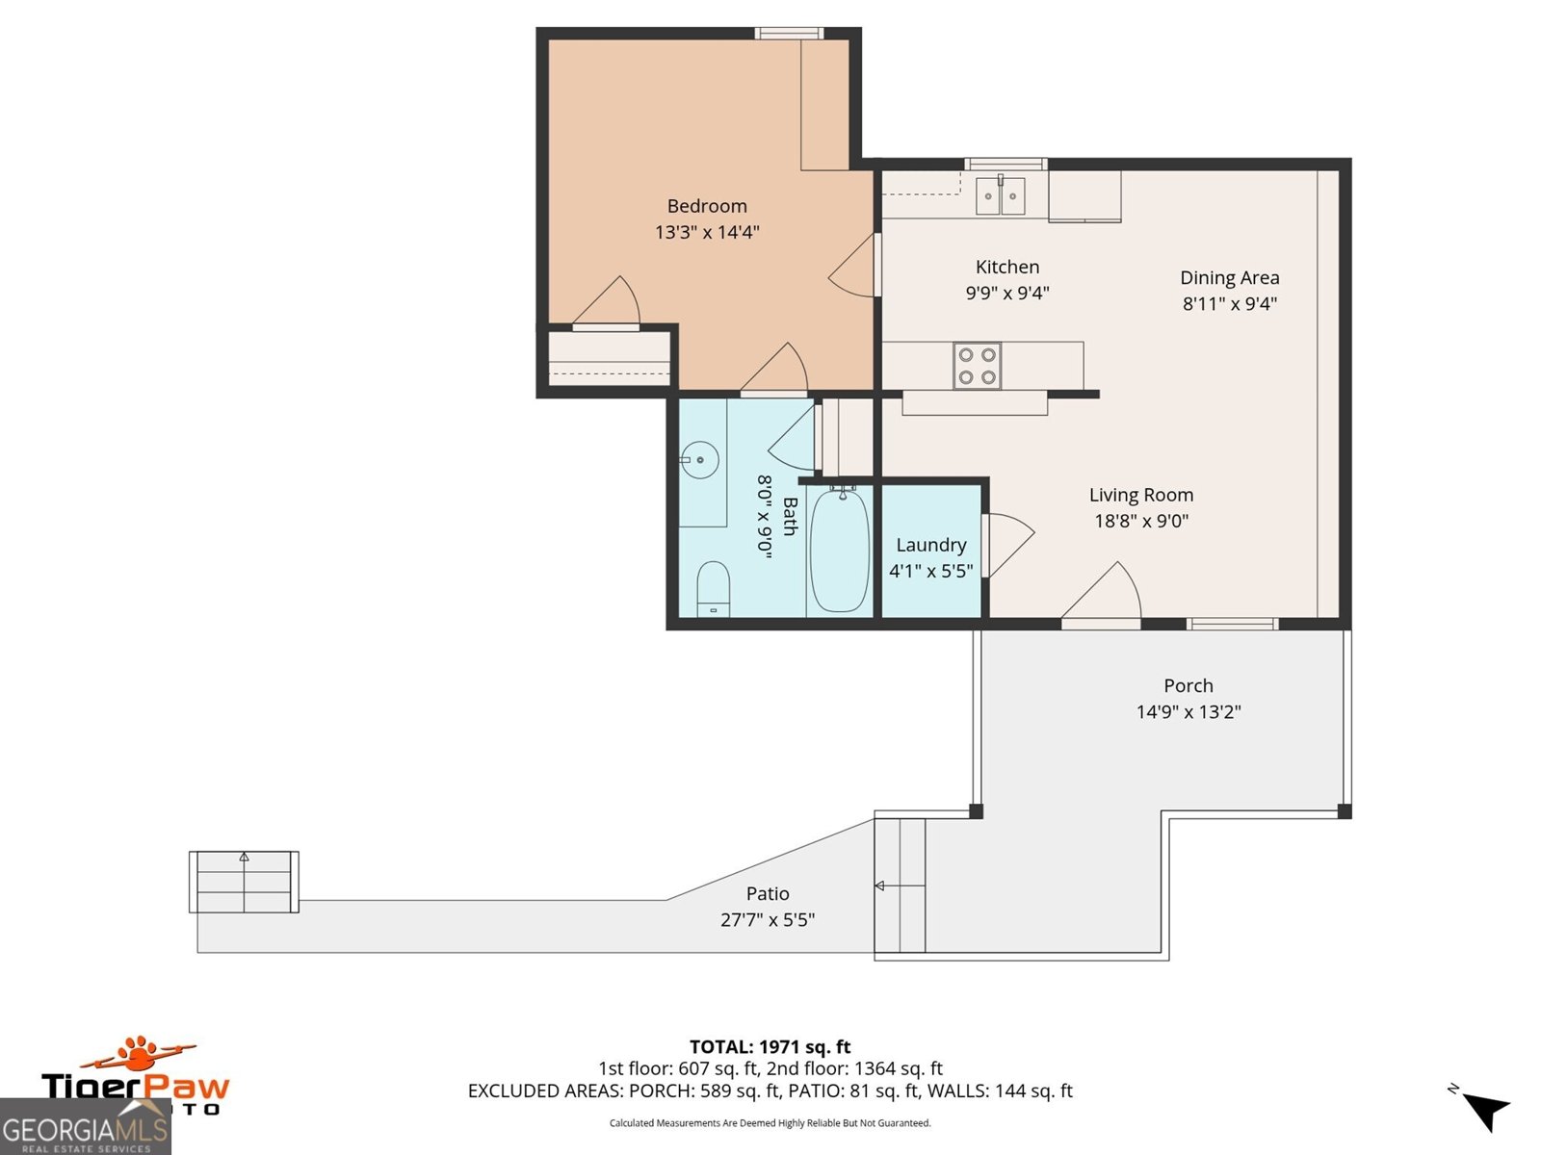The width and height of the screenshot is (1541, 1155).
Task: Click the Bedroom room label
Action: pyautogui.click(x=707, y=206)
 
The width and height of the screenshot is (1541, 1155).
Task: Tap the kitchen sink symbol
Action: pyautogui.click(x=1000, y=195)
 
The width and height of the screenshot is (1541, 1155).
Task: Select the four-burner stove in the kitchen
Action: pyautogui.click(x=977, y=366)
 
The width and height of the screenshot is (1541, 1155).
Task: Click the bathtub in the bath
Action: pyautogui.click(x=840, y=551)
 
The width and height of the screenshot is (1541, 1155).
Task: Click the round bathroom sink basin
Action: pyautogui.click(x=700, y=460)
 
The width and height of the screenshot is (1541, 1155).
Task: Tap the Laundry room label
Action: pyautogui.click(x=930, y=545)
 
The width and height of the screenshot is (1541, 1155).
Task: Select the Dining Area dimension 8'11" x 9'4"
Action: pyautogui.click(x=1230, y=304)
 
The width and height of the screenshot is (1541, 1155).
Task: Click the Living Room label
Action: pyautogui.click(x=1141, y=495)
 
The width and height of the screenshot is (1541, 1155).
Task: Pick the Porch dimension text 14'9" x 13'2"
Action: pyautogui.click(x=1188, y=712)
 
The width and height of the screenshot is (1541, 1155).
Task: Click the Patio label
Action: pyautogui.click(x=768, y=893)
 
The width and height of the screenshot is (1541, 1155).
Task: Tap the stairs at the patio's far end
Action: pyautogui.click(x=244, y=882)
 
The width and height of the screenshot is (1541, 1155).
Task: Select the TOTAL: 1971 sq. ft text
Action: pyautogui.click(x=770, y=1046)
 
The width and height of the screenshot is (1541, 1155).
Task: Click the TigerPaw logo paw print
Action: pyautogui.click(x=142, y=1053)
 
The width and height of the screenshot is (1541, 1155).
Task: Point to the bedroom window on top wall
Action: pyautogui.click(x=789, y=34)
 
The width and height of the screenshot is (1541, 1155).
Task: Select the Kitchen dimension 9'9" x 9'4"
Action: pyautogui.click(x=1007, y=293)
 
